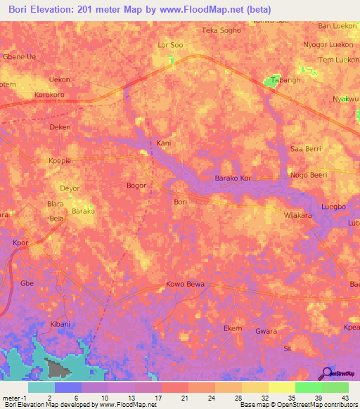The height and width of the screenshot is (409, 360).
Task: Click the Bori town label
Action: (x=180, y=202)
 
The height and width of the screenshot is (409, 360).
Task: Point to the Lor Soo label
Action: (x=170, y=46)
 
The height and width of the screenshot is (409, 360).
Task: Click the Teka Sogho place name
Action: (x=221, y=31)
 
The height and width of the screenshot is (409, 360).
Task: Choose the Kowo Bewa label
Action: (x=185, y=284)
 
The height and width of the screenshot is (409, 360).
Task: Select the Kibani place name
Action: (x=60, y=324)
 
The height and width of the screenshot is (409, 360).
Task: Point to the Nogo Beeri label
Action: (x=309, y=174)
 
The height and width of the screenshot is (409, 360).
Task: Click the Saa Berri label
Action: (x=306, y=150)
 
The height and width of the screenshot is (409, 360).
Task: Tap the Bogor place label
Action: (x=136, y=186)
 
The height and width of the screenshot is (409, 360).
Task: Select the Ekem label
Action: (x=233, y=329)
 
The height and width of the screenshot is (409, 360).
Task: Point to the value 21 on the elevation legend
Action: (x=186, y=397)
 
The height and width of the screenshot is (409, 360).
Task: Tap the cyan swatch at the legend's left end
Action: (x=41, y=387)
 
